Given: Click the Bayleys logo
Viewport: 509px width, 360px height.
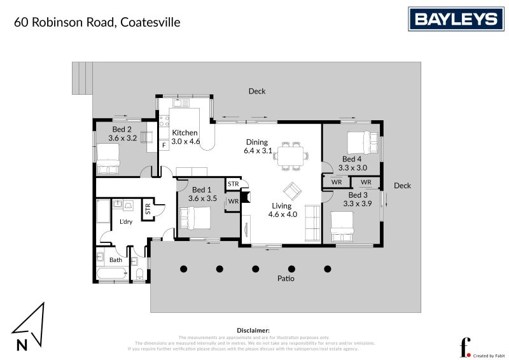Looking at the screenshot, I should [456, 19].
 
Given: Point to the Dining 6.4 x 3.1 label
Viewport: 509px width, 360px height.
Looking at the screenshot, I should [258, 147].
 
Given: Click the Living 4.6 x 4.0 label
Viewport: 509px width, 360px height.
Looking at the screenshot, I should [281, 210].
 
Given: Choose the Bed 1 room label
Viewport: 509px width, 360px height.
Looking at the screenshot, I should [202, 194].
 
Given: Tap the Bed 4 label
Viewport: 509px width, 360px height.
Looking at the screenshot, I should [352, 163].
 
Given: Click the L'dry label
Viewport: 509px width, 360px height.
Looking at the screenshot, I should [126, 222].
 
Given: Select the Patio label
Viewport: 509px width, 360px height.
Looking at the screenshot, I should [286, 279].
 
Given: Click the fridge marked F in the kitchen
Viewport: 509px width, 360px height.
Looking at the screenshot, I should [164, 145].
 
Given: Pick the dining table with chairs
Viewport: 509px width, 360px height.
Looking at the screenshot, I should [293, 155].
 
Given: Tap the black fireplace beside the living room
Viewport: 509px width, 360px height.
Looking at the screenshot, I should [246, 197].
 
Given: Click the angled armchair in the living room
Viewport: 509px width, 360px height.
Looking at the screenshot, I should [293, 191].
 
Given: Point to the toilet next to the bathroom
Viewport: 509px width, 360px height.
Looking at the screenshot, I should [139, 273].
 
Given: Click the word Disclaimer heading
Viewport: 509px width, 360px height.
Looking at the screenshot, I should [253, 331].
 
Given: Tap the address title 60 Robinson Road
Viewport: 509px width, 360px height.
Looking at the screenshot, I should [97, 22].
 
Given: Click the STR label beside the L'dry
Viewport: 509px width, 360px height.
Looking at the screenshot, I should [148, 208].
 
